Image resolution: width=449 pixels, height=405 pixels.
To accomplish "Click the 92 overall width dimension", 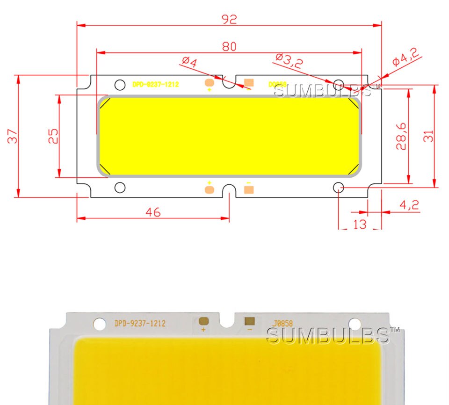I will (229, 19).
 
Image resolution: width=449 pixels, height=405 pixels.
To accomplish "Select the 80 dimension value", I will (229, 46).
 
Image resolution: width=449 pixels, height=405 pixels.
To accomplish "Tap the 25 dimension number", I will (54, 136).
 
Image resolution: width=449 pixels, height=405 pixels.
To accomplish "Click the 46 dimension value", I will (153, 212).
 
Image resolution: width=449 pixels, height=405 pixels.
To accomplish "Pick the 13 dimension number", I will (360, 224).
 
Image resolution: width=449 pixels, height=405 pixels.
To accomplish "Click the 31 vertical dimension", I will (429, 136).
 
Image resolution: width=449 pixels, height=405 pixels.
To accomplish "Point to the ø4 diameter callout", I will (189, 61).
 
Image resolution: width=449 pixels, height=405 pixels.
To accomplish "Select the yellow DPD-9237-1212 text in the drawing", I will (156, 85).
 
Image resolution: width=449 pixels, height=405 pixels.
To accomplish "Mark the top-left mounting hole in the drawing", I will (120, 85).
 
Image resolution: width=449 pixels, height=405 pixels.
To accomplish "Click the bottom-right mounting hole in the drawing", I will (339, 188).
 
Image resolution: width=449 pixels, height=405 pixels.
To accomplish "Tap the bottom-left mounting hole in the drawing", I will (120, 188).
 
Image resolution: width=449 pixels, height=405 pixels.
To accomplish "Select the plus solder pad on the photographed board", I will (203, 321).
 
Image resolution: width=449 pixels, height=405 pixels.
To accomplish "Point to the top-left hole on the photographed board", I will (100, 323).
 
